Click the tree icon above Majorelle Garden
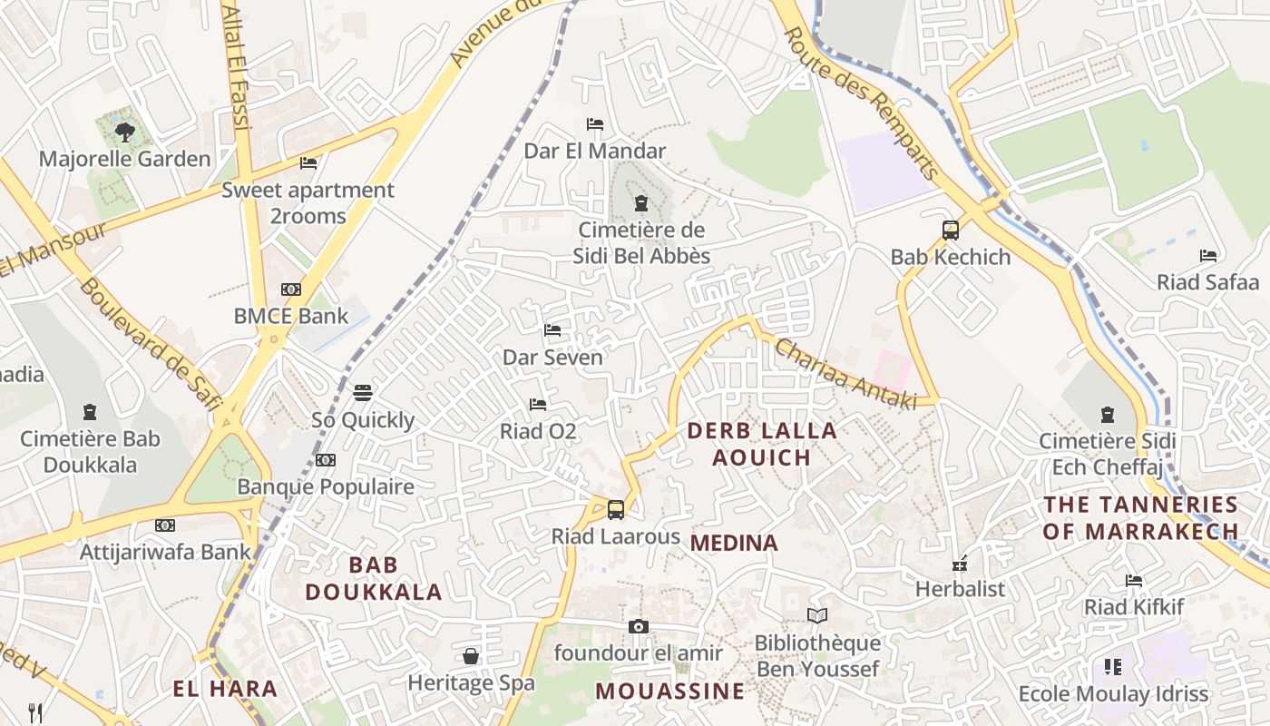(125, 132)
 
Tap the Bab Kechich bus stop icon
(950, 231)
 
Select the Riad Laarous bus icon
(615, 510)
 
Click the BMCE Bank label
(290, 316)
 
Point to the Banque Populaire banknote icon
(326, 460)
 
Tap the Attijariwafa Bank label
(165, 551)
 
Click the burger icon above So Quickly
(363, 393)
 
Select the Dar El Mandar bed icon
(595, 124)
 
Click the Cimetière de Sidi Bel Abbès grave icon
(641, 203)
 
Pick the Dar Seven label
(552, 357)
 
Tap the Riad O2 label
(538, 431)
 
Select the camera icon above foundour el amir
(639, 627)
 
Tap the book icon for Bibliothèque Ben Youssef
(817, 616)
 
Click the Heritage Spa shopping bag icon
(471, 655)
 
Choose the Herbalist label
(960, 589)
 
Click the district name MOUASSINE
(669, 692)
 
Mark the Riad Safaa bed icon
(1207, 256)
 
